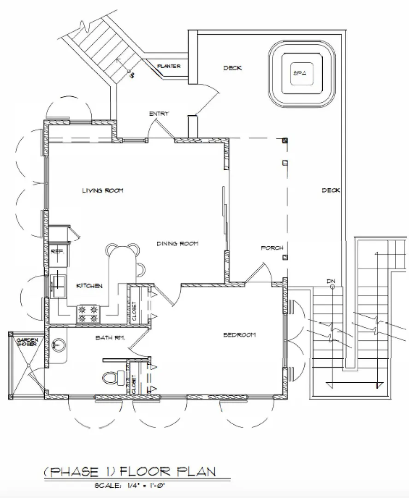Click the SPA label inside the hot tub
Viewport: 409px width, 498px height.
pyautogui.click(x=300, y=73)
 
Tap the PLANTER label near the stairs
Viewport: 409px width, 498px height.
pyautogui.click(x=169, y=66)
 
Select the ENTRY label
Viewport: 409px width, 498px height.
pyautogui.click(x=159, y=113)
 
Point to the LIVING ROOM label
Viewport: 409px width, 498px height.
pyautogui.click(x=102, y=190)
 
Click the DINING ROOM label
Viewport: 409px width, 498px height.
pyautogui.click(x=178, y=243)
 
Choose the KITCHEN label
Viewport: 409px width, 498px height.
pyautogui.click(x=89, y=286)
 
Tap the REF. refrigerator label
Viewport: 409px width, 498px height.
pyautogui.click(x=58, y=252)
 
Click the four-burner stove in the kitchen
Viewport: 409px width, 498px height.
pyautogui.click(x=88, y=314)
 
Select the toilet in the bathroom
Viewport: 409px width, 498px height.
pyautogui.click(x=114, y=377)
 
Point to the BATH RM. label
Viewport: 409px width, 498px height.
pyautogui.click(x=110, y=338)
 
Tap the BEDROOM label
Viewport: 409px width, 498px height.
pyautogui.click(x=239, y=335)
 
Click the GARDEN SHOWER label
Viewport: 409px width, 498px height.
pyautogui.click(x=27, y=342)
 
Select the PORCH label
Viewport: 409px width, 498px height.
pyautogui.click(x=272, y=248)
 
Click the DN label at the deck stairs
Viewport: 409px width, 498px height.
pyautogui.click(x=331, y=281)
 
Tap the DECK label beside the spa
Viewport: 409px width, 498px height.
pyautogui.click(x=232, y=68)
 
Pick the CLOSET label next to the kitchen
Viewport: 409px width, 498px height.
pyautogui.click(x=134, y=311)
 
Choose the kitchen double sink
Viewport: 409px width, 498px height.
pyautogui.click(x=59, y=286)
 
